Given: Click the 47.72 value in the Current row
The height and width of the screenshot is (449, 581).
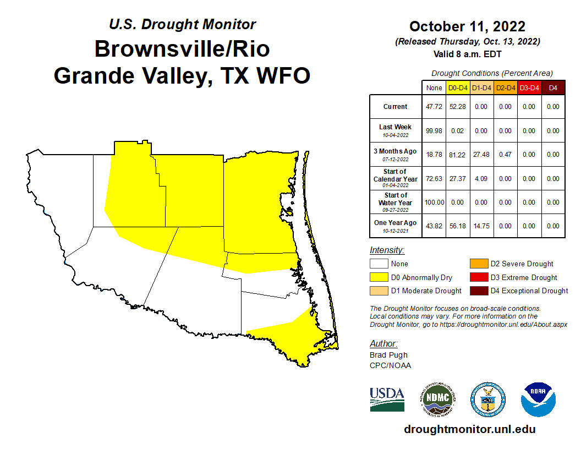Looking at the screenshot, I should click(x=434, y=107).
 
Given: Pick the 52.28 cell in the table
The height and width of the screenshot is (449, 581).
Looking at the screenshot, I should click(x=458, y=107).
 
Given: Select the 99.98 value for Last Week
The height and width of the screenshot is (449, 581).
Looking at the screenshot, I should click(x=434, y=131).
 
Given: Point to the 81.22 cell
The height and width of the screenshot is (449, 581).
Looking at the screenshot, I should click(x=458, y=155).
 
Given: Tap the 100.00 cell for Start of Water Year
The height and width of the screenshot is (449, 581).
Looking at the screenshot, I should click(x=434, y=202).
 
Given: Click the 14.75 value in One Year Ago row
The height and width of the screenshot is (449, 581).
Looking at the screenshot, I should click(x=482, y=226).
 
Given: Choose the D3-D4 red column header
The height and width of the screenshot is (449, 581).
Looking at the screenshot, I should click(x=529, y=87).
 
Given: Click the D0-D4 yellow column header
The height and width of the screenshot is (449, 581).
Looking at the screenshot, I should click(x=458, y=87).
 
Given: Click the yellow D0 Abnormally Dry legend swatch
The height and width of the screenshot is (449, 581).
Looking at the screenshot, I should click(x=379, y=277).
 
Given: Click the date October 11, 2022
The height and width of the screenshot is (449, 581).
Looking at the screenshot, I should click(x=467, y=26).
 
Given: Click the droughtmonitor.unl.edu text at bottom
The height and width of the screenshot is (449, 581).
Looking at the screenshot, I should click(x=469, y=429).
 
